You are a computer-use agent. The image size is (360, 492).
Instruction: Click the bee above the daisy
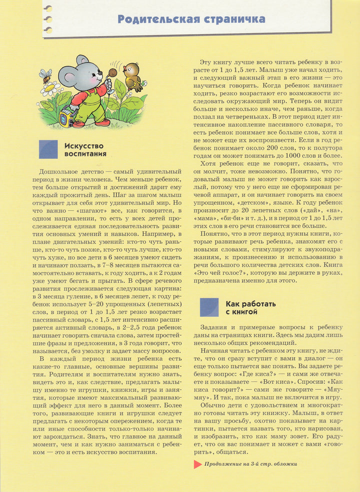pyautogui.click(x=45, y=76)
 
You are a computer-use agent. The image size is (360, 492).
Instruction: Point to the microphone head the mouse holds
pyautogui.click(x=112, y=73)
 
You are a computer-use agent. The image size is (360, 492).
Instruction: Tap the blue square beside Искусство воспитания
pyautogui.click(x=48, y=149)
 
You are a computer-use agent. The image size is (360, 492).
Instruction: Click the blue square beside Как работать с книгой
pyautogui.click(x=209, y=307)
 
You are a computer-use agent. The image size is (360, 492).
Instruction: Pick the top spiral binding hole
pyautogui.click(x=48, y=9)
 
